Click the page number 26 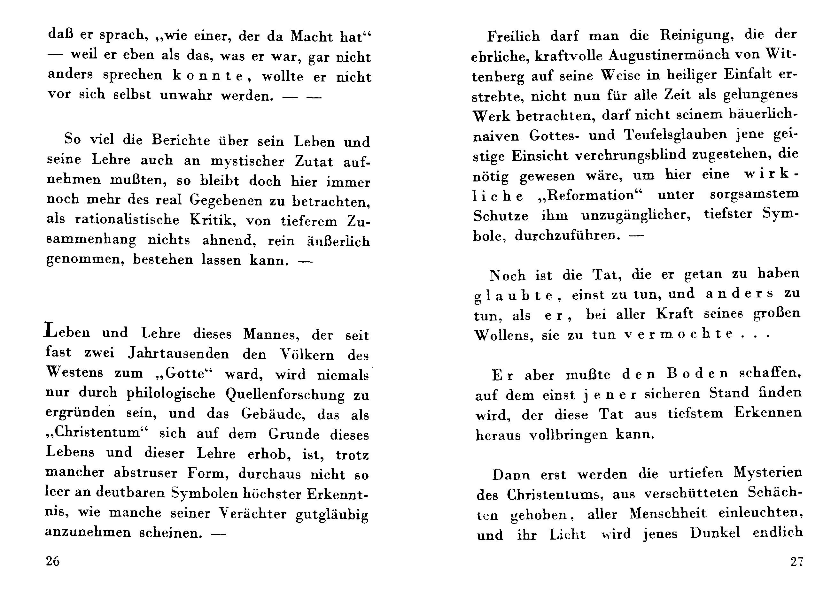click(52, 561)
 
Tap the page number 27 click(796, 562)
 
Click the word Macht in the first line click(312, 36)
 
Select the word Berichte click(181, 140)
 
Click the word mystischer click(247, 161)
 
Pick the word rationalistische click(127, 219)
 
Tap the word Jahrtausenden click(178, 354)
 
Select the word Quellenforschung click(285, 395)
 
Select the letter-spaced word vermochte click(678, 334)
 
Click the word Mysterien click(768, 472)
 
